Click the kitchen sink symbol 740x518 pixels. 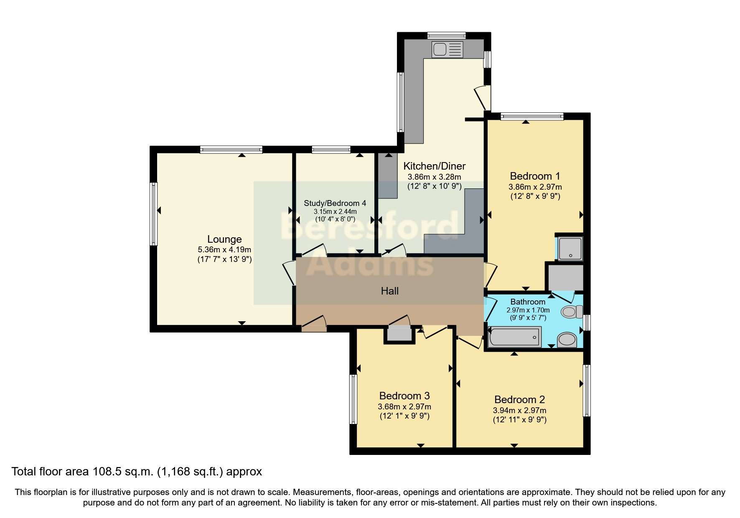pos(448,49)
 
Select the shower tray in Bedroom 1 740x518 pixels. pos(570,249)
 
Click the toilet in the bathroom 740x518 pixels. pos(571,312)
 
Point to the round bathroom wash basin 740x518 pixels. pos(567,339)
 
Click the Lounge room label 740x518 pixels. pos(224,239)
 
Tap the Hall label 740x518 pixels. pos(389,291)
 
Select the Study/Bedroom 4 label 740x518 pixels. pos(335,203)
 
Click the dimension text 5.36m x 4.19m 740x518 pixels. pos(224,250)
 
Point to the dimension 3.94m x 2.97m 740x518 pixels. pos(519,410)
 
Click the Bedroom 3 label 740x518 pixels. pos(404,396)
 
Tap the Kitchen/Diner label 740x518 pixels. pos(434,166)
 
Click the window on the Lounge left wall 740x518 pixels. pos(154,213)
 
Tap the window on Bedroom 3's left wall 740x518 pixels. pos(353,399)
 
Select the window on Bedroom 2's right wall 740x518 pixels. pos(587,390)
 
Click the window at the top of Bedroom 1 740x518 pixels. pos(532,117)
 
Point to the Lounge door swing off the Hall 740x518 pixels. pos(288,273)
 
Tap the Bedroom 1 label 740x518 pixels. pos(535,176)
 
